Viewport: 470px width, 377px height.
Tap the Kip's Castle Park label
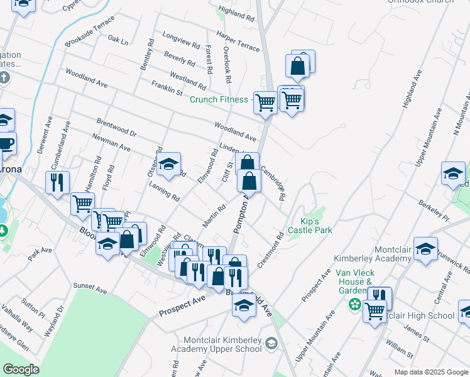310,226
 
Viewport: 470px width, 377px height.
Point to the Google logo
21,369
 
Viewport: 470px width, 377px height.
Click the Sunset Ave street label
90,288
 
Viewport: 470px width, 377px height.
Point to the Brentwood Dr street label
116,127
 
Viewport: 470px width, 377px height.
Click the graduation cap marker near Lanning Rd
168,165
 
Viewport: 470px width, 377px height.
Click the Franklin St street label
167,87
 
